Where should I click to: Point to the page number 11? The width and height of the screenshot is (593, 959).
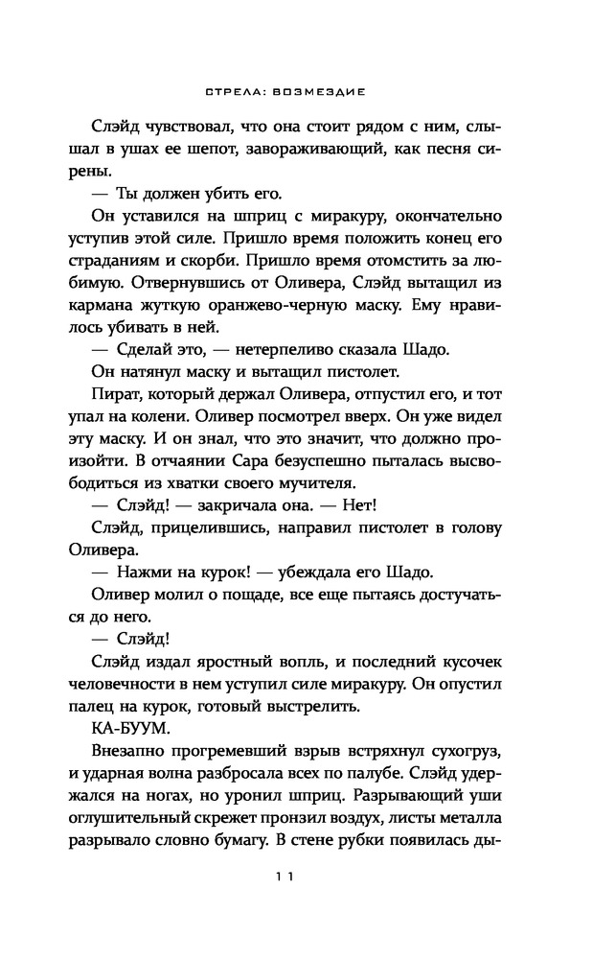[296, 875]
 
